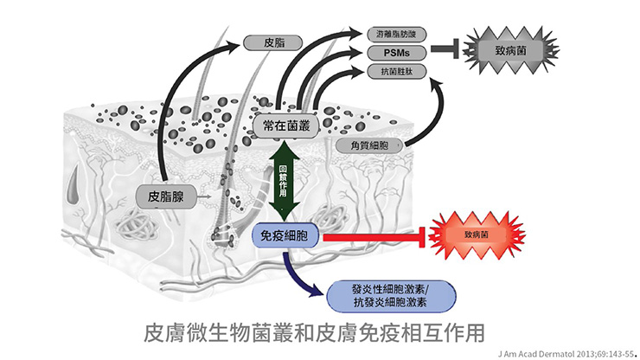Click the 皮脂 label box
point(270,41)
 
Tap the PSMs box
point(399,54)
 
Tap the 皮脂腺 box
point(166,196)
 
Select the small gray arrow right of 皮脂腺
point(204,197)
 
